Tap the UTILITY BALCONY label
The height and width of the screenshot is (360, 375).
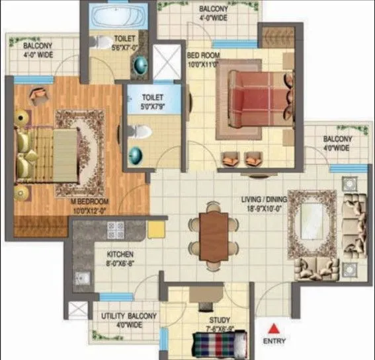pyautogui.click(x=129, y=316)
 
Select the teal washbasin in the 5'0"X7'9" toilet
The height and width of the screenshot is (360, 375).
pyautogui.click(x=135, y=156)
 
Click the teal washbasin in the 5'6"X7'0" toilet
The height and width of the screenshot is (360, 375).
pyautogui.click(x=141, y=64)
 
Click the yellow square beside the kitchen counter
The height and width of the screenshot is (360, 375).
pyautogui.click(x=156, y=229)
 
